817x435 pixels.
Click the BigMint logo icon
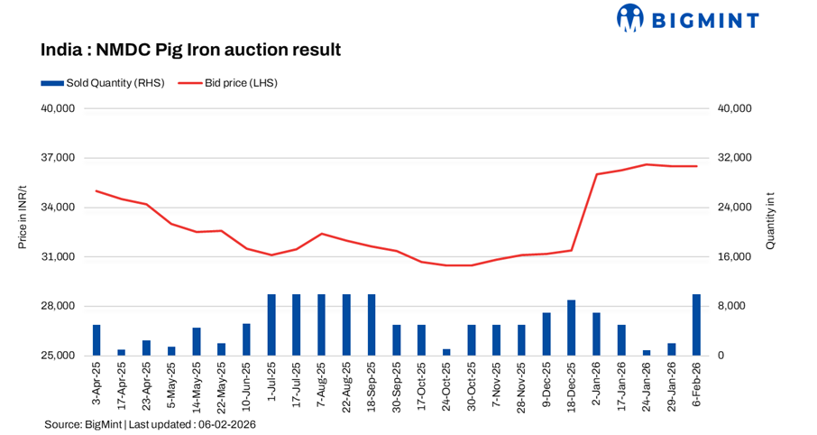(x=629, y=19)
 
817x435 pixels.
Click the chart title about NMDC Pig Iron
(x=190, y=51)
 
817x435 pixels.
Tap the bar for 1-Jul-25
(x=271, y=325)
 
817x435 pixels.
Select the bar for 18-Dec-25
(x=571, y=328)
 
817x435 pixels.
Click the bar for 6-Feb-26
(x=696, y=325)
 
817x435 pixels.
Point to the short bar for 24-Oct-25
(x=446, y=352)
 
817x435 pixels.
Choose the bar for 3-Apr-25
(x=96, y=340)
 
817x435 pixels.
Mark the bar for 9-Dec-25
(x=546, y=334)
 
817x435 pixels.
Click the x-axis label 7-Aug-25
(x=322, y=384)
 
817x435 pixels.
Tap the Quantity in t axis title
(x=769, y=221)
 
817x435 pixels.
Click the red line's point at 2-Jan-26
(x=596, y=174)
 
